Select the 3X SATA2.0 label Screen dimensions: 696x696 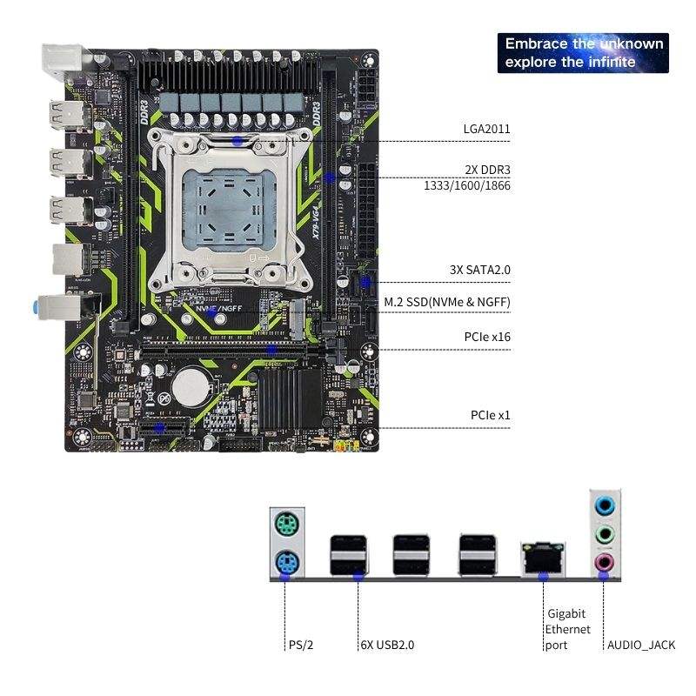pyautogui.click(x=480, y=270)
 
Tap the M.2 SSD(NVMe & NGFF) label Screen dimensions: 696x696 pyautogui.click(x=447, y=303)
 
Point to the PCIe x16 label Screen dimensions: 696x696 pyautogui.click(x=487, y=336)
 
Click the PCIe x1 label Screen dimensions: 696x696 pyautogui.click(x=491, y=416)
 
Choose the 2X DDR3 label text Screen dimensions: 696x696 pyautogui.click(x=486, y=169)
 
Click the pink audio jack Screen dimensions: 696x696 pyautogui.click(x=603, y=565)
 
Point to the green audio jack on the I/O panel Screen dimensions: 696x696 pyautogui.click(x=603, y=534)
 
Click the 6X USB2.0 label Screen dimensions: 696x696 pyautogui.click(x=387, y=646)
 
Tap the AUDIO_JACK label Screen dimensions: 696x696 pyautogui.click(x=641, y=646)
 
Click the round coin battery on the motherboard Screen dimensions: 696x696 pyautogui.click(x=190, y=384)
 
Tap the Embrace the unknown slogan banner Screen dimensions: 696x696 pyautogui.click(x=583, y=52)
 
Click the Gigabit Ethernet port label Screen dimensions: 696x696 pyautogui.click(x=567, y=629)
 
